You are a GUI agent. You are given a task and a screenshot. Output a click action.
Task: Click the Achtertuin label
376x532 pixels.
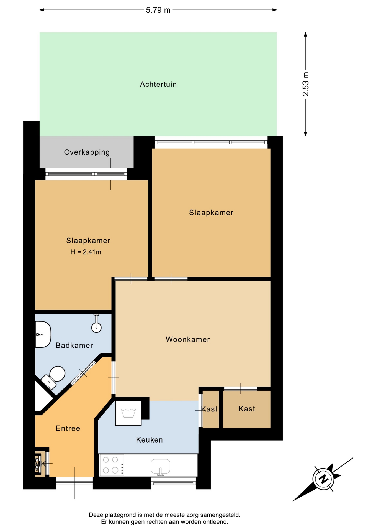click(158, 84)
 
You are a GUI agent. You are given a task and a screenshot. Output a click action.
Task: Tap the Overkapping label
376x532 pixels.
click(87, 152)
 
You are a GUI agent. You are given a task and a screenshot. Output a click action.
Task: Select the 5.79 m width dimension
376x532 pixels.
click(158, 10)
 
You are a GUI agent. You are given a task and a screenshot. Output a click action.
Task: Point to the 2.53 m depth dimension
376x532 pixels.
click(305, 84)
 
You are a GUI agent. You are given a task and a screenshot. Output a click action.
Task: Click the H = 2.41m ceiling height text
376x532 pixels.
click(86, 252)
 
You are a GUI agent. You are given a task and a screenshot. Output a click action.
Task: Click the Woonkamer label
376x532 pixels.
click(188, 339)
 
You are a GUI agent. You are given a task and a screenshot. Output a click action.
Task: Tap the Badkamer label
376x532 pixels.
click(74, 345)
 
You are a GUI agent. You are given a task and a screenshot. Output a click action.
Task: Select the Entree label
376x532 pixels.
click(68, 428)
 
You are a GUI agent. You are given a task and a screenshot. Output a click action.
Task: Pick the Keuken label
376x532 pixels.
click(149, 440)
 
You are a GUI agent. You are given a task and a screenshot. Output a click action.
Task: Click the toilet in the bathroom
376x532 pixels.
click(54, 377)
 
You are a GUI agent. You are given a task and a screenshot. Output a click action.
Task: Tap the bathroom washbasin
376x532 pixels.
click(43, 334)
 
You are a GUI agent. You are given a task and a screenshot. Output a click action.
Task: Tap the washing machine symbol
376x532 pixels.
click(128, 413)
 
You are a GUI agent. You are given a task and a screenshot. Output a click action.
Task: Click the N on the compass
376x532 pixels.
click(323, 479)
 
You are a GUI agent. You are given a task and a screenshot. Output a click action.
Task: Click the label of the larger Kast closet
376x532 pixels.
click(247, 409)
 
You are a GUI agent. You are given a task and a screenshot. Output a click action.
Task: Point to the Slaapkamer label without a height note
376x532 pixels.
click(211, 213)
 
